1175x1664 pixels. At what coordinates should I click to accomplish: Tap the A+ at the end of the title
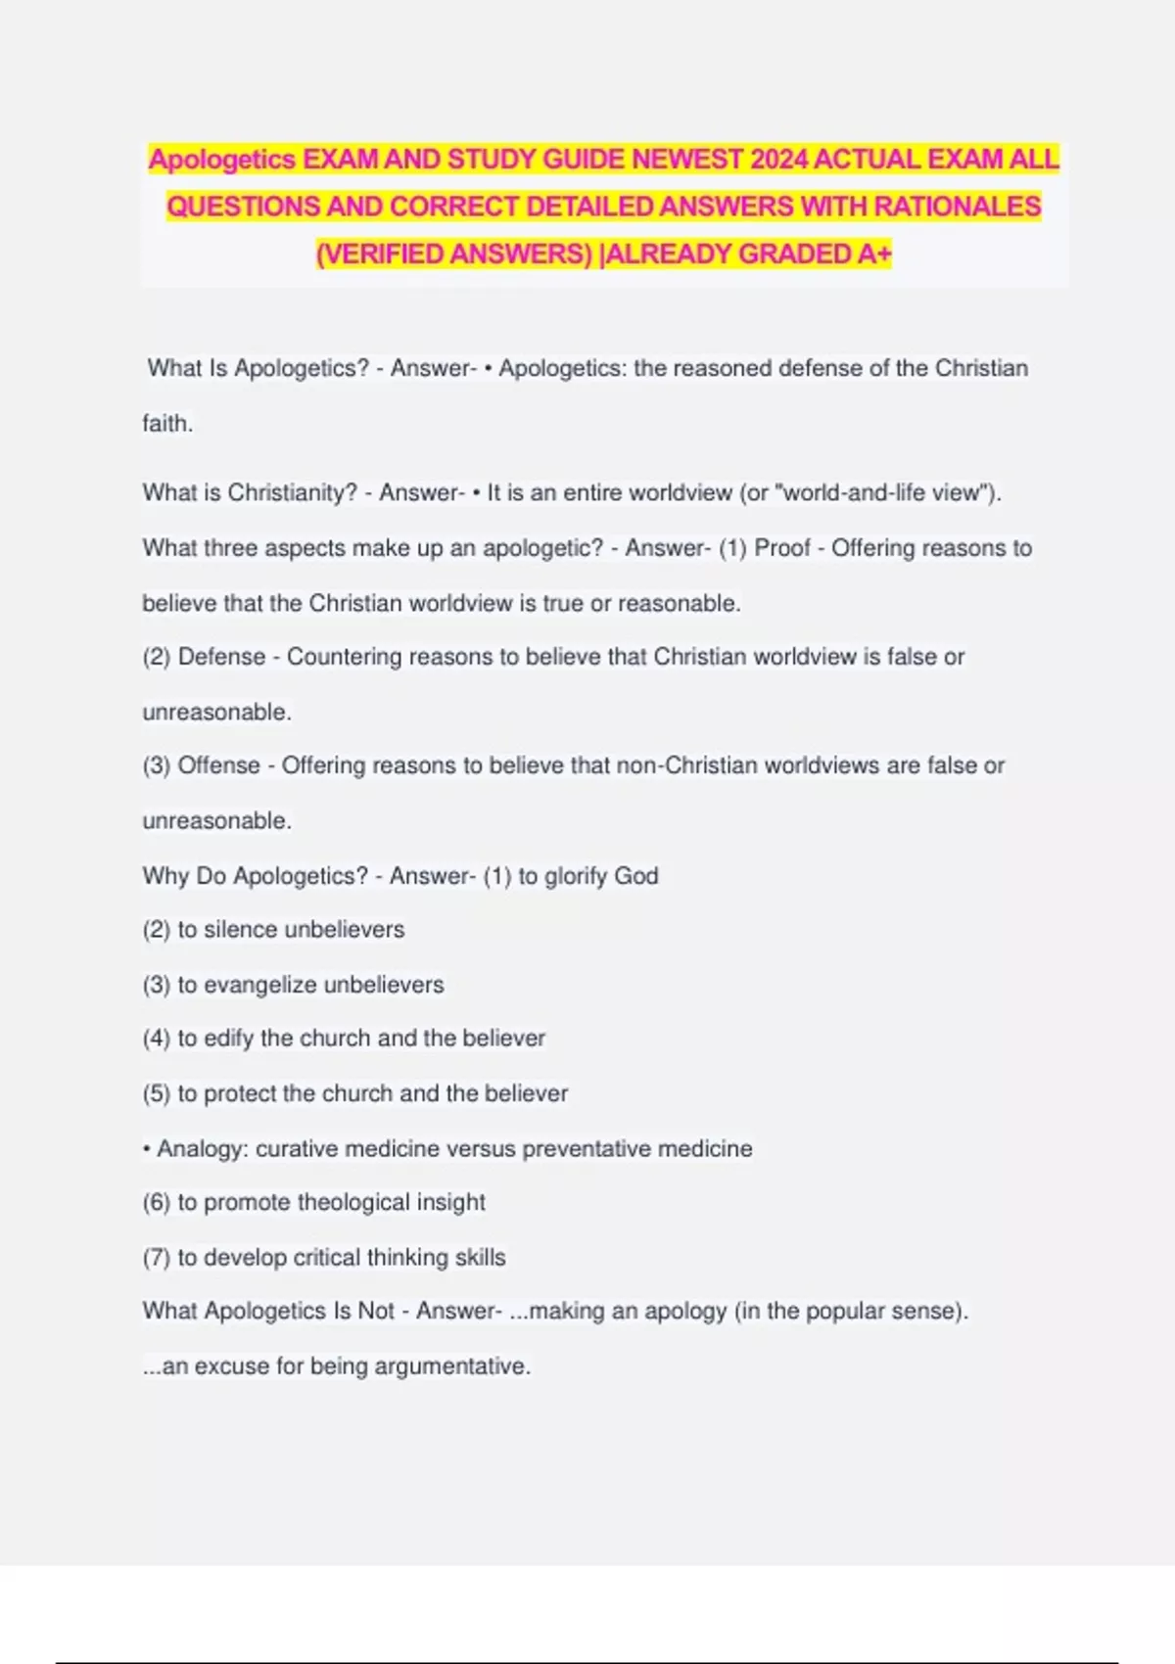[x=874, y=254]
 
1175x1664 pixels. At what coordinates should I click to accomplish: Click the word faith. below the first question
[x=167, y=424]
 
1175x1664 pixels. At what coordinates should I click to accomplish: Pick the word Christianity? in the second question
[x=293, y=492]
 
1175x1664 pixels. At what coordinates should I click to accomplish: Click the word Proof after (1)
[x=782, y=548]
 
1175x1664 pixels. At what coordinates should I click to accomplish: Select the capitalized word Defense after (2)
[x=221, y=657]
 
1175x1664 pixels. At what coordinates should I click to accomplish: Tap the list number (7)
[x=157, y=1258]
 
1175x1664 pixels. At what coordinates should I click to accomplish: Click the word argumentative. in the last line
[x=452, y=1366]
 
